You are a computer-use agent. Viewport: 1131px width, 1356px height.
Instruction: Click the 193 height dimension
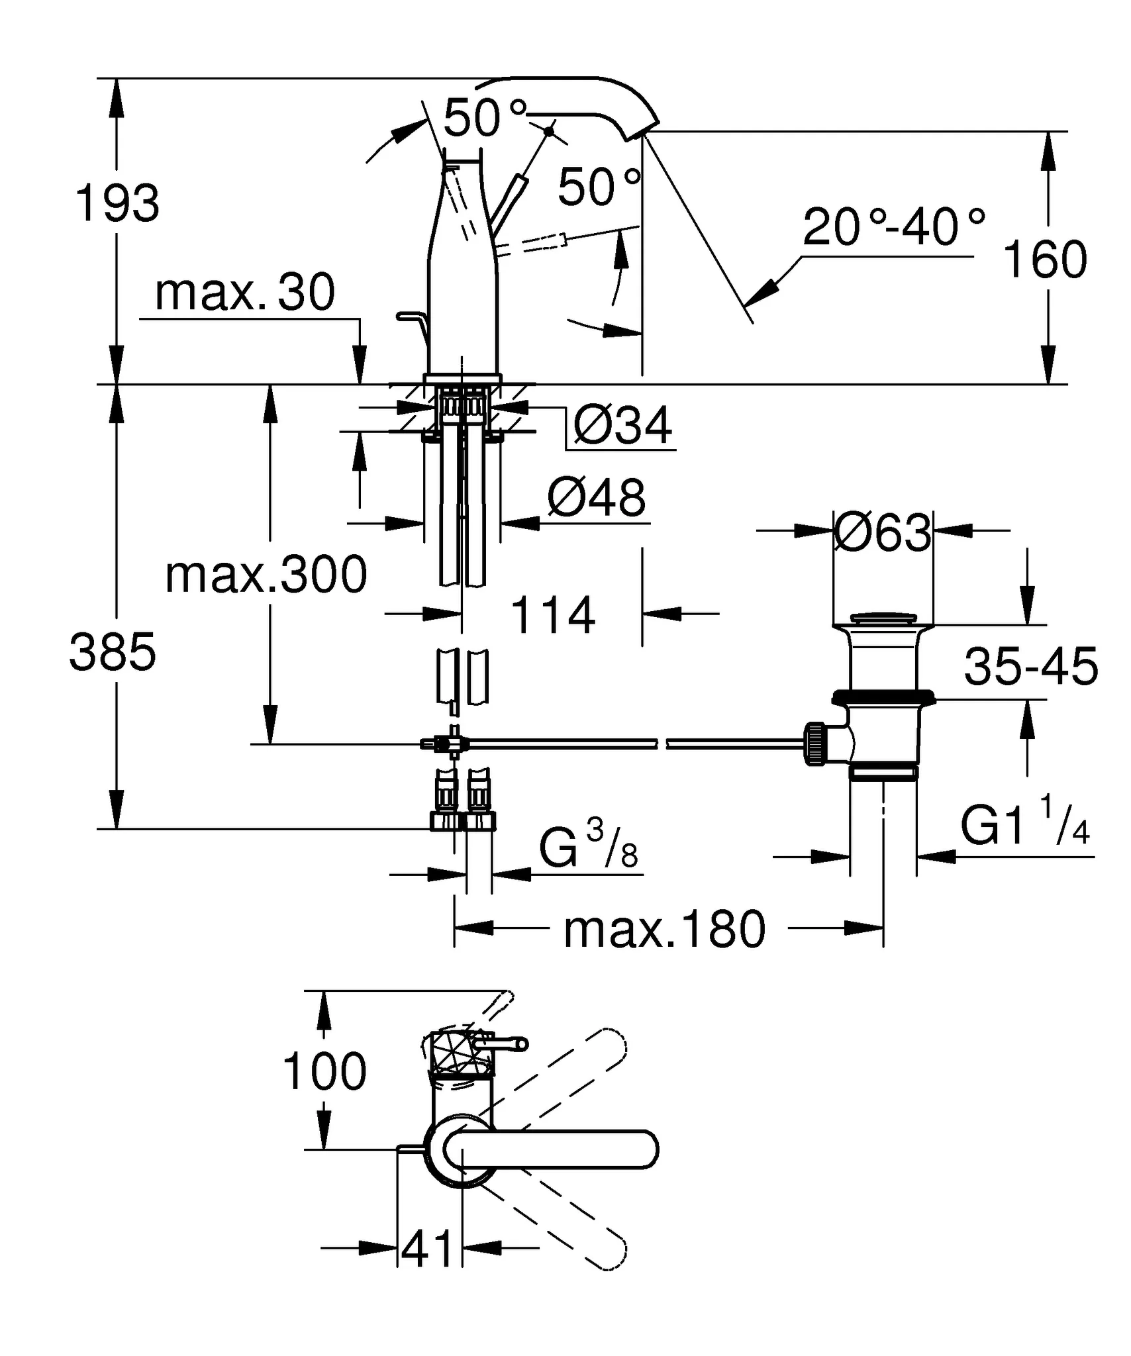tap(118, 203)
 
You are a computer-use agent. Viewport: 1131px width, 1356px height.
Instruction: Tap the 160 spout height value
tap(1045, 259)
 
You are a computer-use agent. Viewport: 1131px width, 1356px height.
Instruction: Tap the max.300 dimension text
tap(266, 575)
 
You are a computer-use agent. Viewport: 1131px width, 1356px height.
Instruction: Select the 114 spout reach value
tap(553, 615)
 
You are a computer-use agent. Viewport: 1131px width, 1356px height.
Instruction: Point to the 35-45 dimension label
tap(1030, 667)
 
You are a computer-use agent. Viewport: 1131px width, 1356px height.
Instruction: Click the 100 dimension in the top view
tap(324, 1071)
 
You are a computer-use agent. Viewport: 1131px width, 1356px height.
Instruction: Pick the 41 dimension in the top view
tap(428, 1249)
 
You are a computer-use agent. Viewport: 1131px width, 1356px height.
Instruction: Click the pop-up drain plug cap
tap(883, 618)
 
